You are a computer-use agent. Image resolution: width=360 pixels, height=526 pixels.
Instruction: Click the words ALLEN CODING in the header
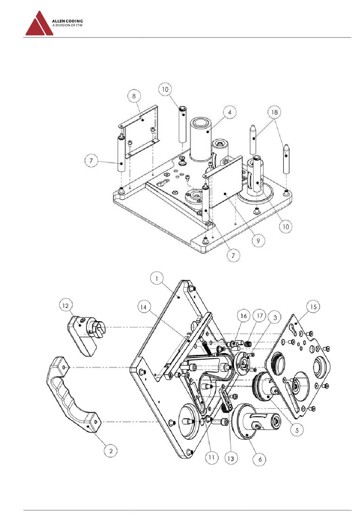pos(67,21)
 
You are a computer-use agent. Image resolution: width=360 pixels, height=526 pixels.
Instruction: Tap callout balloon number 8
pos(134,96)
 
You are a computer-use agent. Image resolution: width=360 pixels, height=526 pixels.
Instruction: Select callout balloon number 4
pos(230,113)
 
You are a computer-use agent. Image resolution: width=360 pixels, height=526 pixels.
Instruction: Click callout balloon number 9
pos(258,240)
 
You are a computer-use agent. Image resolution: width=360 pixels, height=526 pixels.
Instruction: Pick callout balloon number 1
pos(157,279)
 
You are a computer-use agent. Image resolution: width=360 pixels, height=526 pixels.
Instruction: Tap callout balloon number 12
pos(66,306)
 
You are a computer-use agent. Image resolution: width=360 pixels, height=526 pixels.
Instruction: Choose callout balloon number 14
pos(143,307)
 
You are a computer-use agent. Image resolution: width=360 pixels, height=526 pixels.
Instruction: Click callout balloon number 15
pos(313,307)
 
